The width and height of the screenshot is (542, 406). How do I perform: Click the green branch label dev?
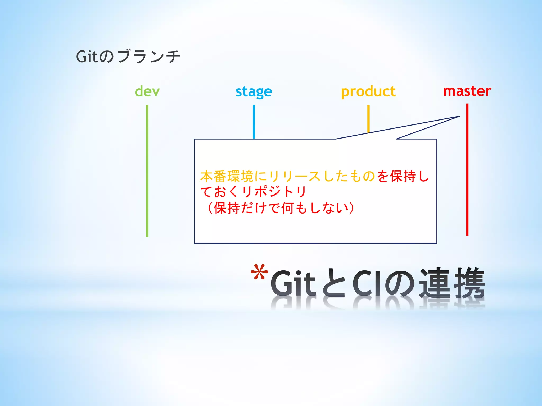click(147, 91)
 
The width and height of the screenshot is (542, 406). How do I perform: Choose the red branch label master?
click(467, 91)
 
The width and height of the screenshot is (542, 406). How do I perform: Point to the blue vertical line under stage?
click(254, 122)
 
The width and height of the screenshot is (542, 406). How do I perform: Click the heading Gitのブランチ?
click(128, 56)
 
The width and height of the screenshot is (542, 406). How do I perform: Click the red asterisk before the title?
click(259, 272)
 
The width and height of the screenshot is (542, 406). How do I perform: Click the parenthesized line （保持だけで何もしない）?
click(281, 208)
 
